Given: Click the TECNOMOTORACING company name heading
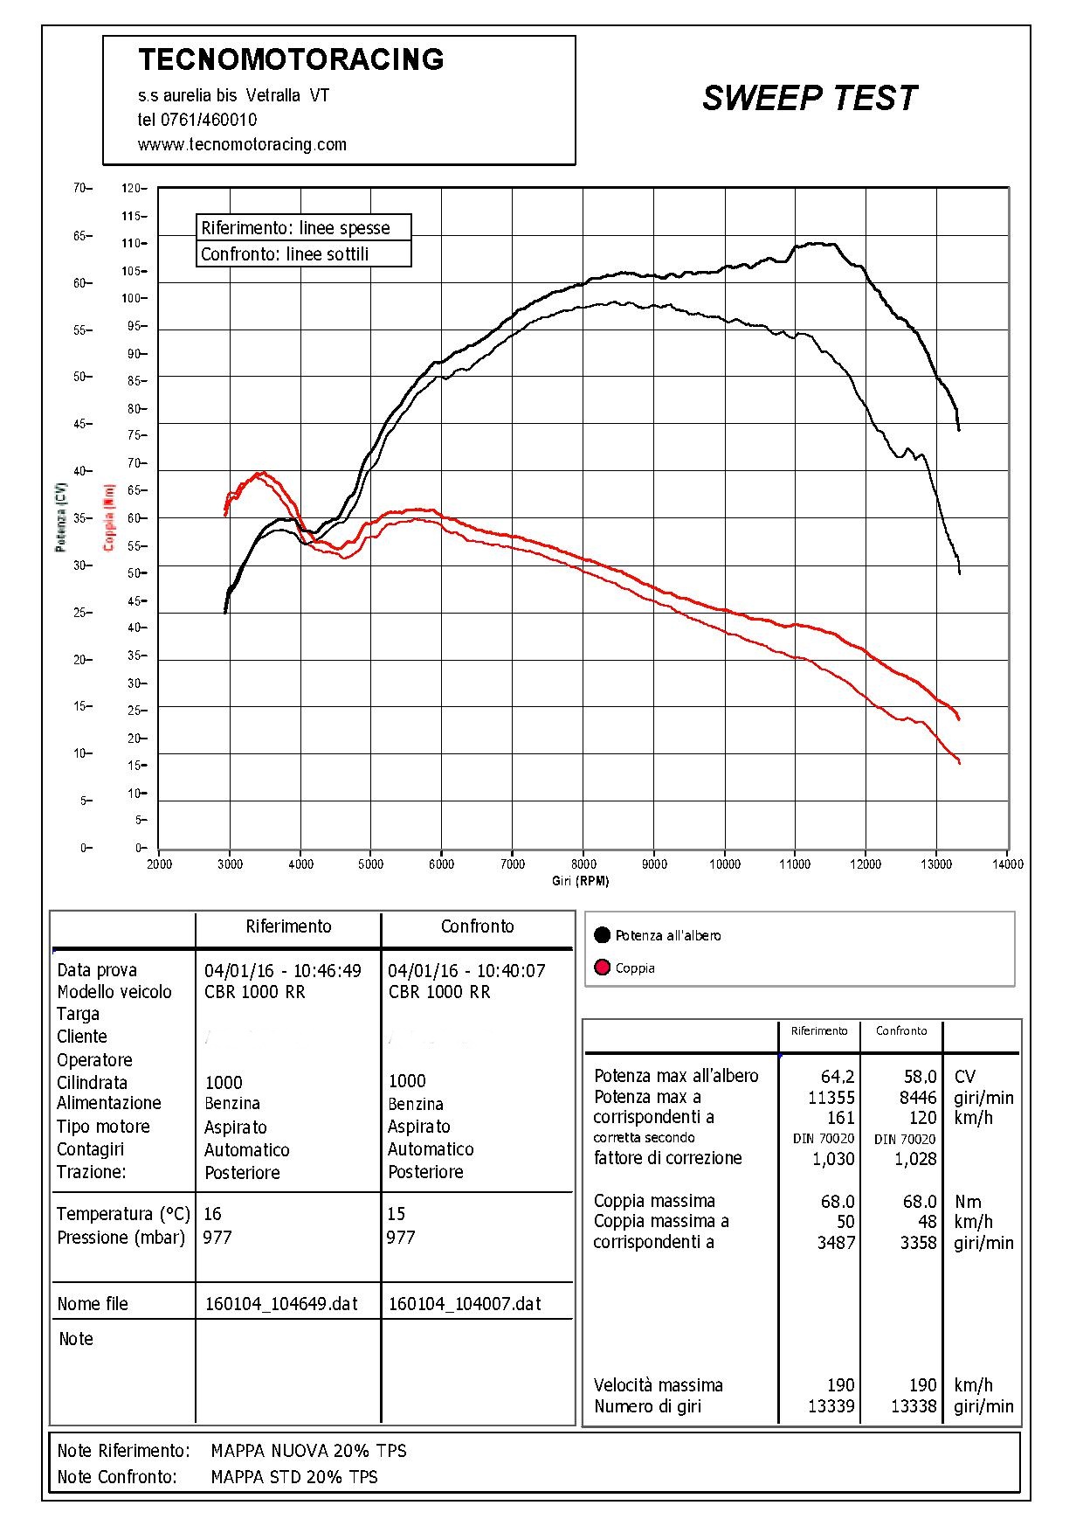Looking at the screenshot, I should tap(291, 59).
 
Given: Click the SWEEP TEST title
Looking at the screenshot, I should tap(809, 98).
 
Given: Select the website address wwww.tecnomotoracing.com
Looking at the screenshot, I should tap(242, 144).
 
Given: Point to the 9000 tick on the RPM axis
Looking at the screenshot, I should tap(654, 864).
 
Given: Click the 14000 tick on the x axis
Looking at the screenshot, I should tap(1007, 864).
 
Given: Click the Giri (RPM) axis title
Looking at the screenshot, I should tap(580, 881).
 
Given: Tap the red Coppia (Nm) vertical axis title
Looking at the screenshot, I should tap(108, 517).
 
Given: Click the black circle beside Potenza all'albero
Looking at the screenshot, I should tap(602, 935).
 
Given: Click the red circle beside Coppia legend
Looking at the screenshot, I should tap(602, 968).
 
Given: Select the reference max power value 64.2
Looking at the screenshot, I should tap(837, 1077).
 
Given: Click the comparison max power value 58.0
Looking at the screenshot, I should tap(920, 1077).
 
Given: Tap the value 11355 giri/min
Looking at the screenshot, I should tap(831, 1098).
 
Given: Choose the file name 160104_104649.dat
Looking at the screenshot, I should tap(281, 1304).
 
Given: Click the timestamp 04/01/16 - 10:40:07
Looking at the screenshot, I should tap(466, 970).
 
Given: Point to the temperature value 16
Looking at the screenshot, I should tap(212, 1214).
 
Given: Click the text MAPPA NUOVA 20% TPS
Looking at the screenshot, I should tap(308, 1451).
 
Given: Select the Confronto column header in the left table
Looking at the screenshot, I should tap(477, 926).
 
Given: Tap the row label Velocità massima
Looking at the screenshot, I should tap(658, 1385).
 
